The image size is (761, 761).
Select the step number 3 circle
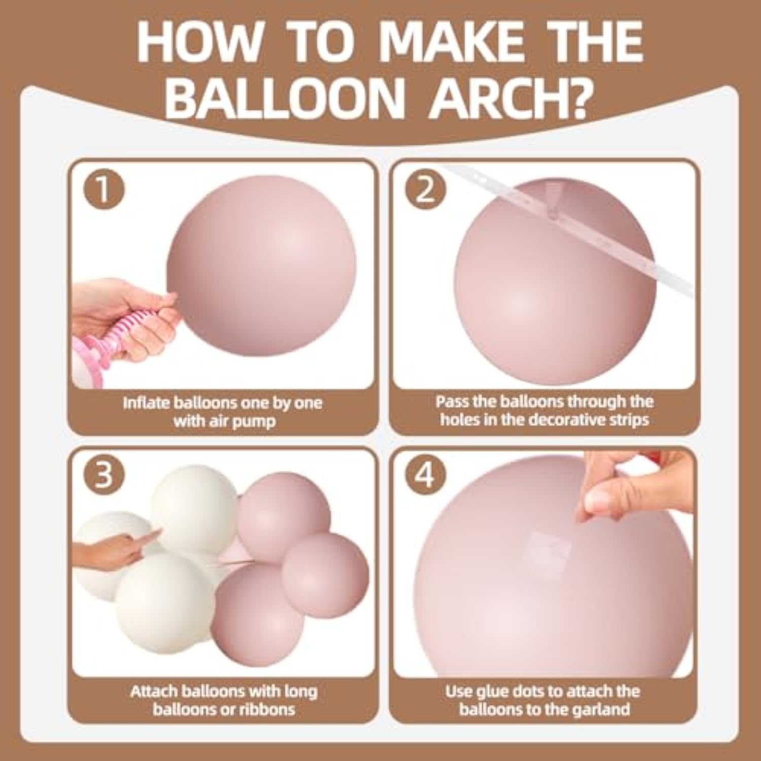tap(103, 476)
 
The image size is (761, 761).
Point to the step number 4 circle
tap(426, 476)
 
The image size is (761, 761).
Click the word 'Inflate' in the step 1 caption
tap(146, 403)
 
